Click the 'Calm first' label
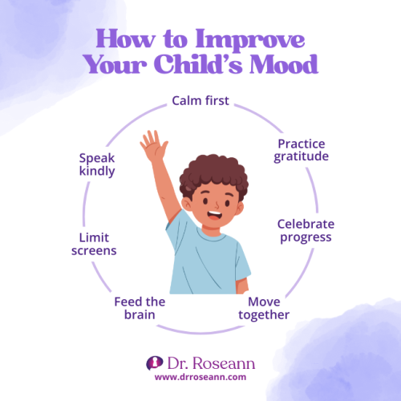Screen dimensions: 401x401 pyautogui.click(x=200, y=102)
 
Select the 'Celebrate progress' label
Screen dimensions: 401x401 pyautogui.click(x=306, y=230)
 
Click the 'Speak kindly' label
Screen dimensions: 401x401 pyautogui.click(x=97, y=164)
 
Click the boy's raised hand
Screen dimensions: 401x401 pyautogui.click(x=151, y=148)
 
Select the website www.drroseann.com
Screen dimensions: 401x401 pyautogui.click(x=200, y=376)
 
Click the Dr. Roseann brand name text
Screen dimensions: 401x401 pyautogui.click(x=210, y=363)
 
